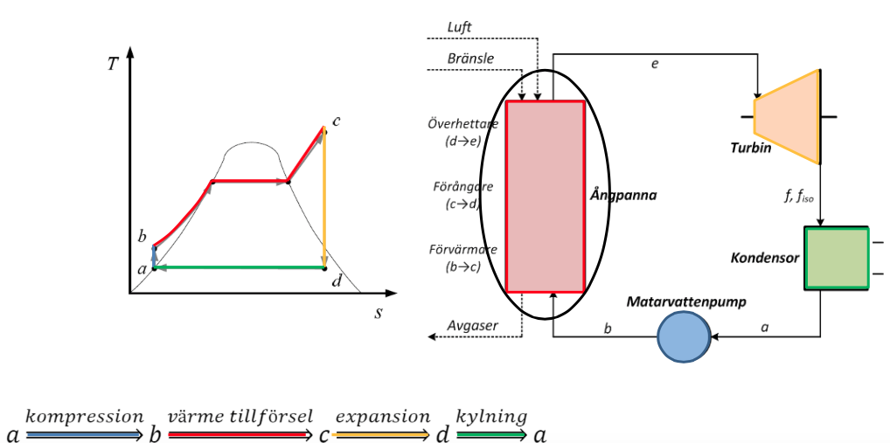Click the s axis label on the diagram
[x=378, y=311]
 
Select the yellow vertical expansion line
[x=324, y=201]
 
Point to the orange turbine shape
[x=787, y=115]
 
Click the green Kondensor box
[x=837, y=258]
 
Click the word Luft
[x=459, y=28]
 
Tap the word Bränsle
[x=470, y=59]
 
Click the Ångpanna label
[x=623, y=195]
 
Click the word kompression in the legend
[x=84, y=417]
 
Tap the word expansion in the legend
[x=383, y=417]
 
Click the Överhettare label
[x=463, y=123]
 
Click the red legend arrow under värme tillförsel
[x=240, y=433]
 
